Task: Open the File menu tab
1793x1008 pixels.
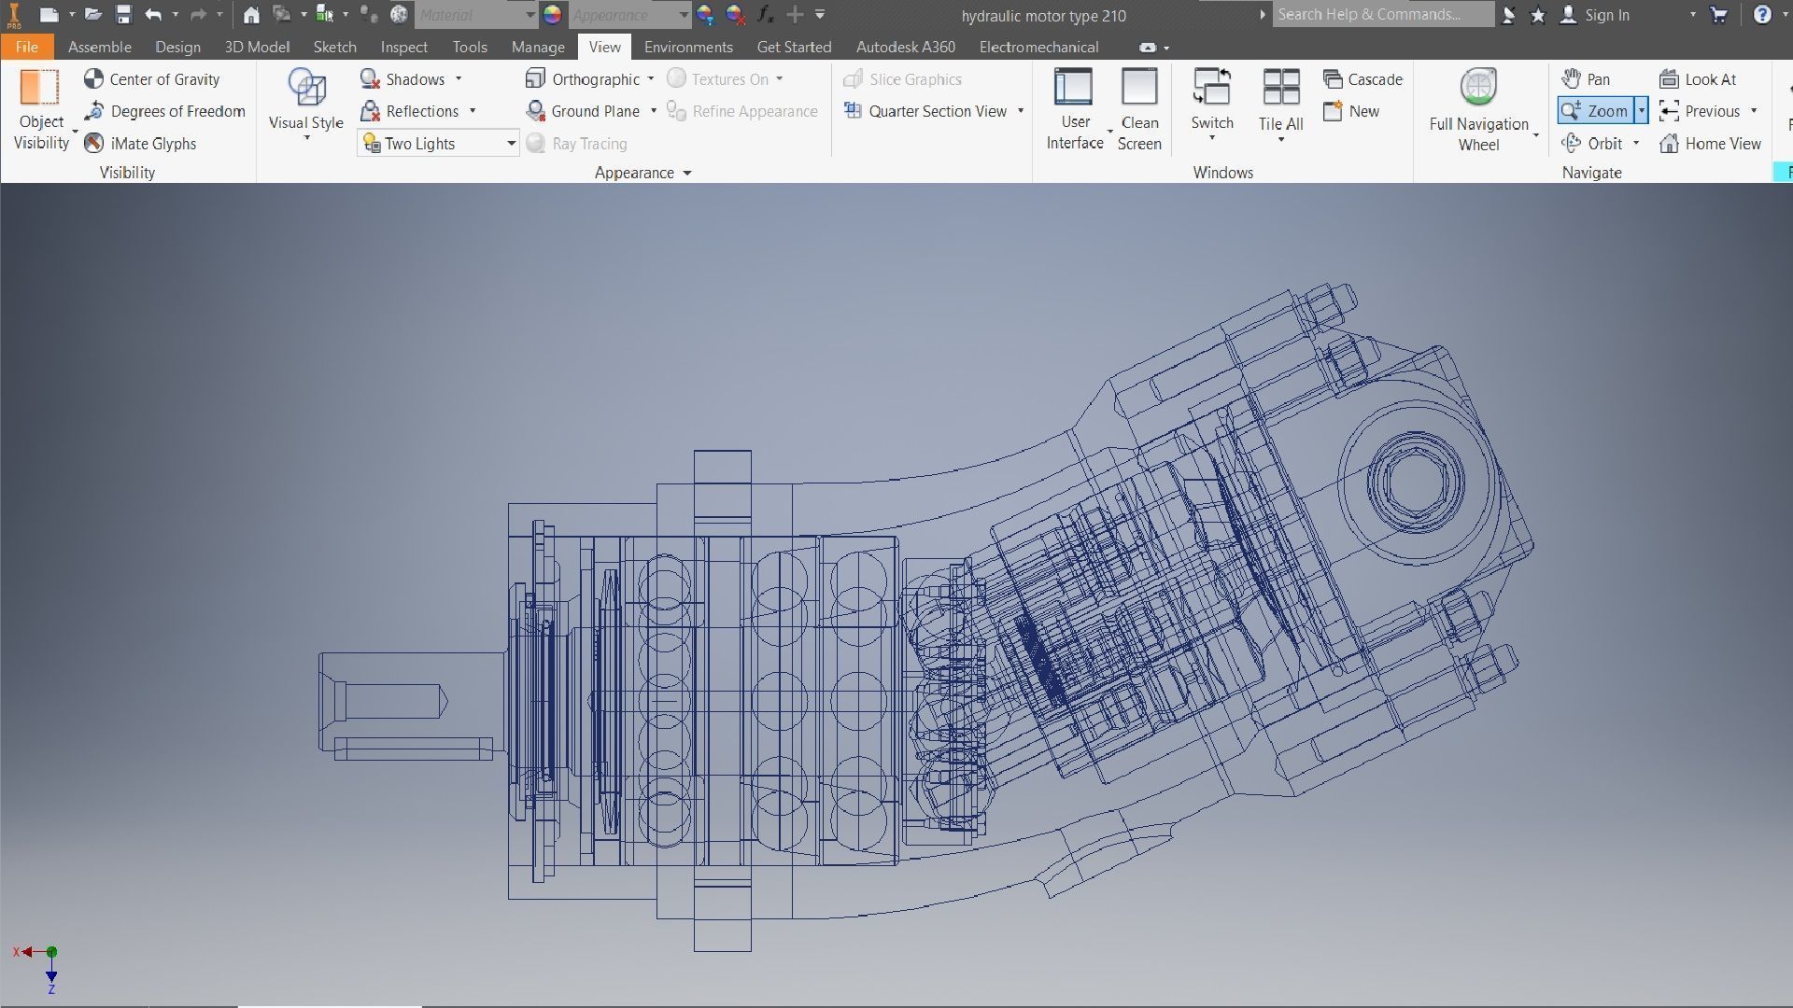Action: click(x=26, y=47)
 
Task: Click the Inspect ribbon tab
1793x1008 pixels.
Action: click(x=403, y=47)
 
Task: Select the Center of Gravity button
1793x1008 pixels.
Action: click(x=152, y=79)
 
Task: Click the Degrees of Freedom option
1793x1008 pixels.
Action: click(x=165, y=111)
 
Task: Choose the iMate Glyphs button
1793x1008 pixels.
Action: click(x=141, y=144)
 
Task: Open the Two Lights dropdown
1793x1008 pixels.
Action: click(x=511, y=144)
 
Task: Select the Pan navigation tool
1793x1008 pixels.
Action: click(x=1587, y=79)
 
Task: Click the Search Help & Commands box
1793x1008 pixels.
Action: click(x=1382, y=15)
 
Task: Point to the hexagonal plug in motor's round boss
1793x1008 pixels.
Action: click(x=1415, y=483)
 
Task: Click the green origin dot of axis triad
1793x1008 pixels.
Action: click(x=52, y=952)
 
